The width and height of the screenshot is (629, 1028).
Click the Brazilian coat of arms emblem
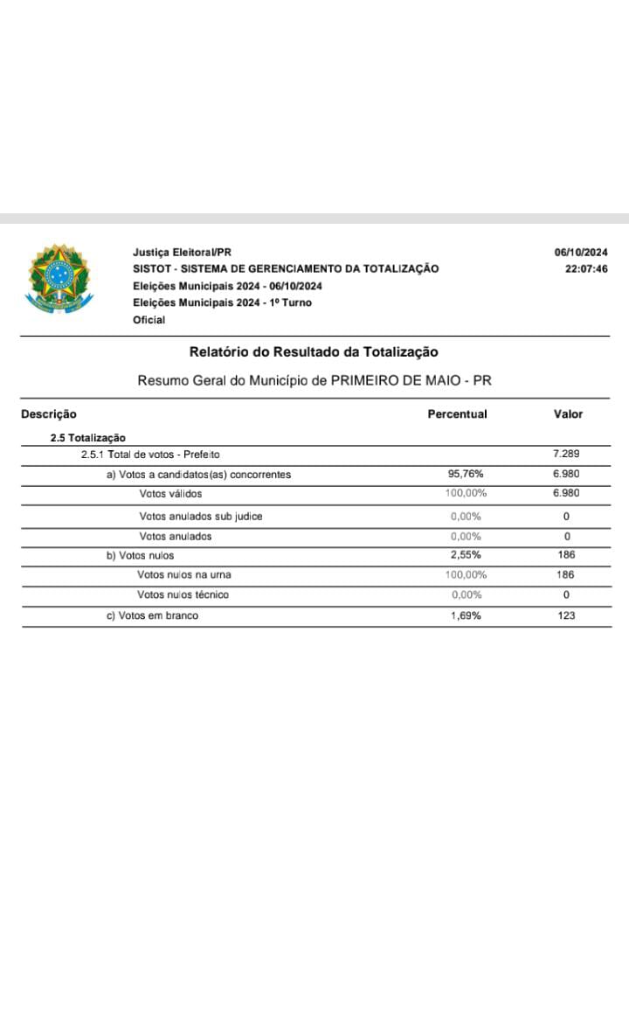[58, 279]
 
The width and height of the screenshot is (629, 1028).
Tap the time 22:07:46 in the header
[586, 269]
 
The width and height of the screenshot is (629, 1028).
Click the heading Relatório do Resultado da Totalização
[314, 352]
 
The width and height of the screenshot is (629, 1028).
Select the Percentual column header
[457, 414]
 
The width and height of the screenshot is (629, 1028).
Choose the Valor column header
[568, 414]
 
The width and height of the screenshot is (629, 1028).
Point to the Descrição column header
[49, 414]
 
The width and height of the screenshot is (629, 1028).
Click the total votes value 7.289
[566, 455]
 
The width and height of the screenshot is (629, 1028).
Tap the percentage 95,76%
[466, 475]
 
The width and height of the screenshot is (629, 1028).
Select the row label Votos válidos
[170, 494]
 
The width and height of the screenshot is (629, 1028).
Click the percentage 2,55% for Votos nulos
[466, 555]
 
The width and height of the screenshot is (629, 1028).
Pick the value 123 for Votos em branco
[566, 615]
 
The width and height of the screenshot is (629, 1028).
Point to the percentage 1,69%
[466, 615]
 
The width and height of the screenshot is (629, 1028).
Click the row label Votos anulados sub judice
[201, 517]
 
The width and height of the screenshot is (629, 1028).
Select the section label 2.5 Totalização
[88, 438]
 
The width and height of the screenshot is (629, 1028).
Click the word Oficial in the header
[149, 320]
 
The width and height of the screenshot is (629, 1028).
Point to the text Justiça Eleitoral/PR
[182, 253]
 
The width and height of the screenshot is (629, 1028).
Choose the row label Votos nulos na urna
[184, 575]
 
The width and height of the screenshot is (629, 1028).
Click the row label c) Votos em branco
[152, 615]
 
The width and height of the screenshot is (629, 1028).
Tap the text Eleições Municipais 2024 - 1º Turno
[222, 302]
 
